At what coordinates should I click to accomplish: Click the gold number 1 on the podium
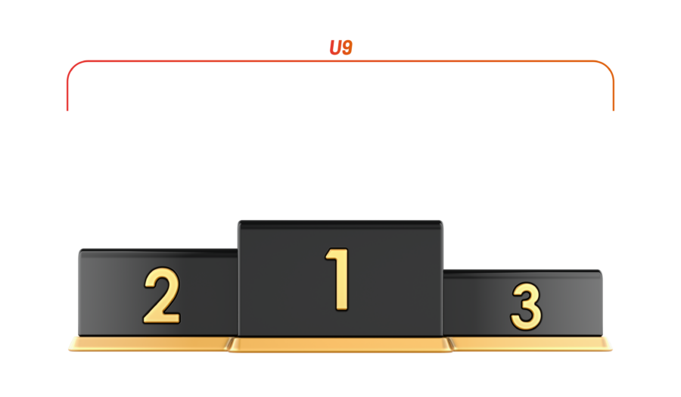point(339,279)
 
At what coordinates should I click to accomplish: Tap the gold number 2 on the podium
point(161,296)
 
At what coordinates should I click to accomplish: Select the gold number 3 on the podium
point(526,306)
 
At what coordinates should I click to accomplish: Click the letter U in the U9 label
point(334,48)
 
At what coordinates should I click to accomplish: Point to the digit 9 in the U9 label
point(346,48)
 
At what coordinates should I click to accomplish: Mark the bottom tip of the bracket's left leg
point(67,111)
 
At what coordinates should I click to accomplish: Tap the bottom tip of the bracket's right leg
point(614,111)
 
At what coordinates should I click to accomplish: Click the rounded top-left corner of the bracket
point(73,67)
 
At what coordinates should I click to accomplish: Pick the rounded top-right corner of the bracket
point(608,67)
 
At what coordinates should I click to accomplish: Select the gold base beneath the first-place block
point(340,346)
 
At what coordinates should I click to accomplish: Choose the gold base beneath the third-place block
point(530,344)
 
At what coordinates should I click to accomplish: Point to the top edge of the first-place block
point(340,222)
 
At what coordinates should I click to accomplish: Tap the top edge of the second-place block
point(157,250)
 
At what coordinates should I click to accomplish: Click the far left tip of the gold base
point(69,349)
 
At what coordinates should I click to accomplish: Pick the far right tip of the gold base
point(612,349)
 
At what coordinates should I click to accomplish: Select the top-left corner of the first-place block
point(239,222)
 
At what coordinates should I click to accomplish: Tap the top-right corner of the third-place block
point(602,271)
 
